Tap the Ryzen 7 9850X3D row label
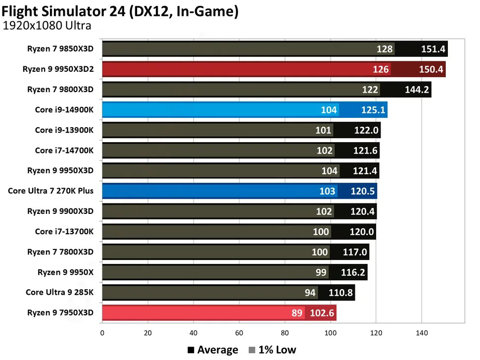60,49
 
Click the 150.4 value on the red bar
432,69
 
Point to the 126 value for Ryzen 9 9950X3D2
381,69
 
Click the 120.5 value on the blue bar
362,191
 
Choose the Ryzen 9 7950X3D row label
60,313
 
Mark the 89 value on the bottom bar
296,313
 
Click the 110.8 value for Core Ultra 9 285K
340,293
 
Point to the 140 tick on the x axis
422,333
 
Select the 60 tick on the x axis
239,333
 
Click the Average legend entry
213,350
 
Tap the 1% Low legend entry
273,350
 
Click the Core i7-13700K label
64,232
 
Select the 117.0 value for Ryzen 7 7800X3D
355,252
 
